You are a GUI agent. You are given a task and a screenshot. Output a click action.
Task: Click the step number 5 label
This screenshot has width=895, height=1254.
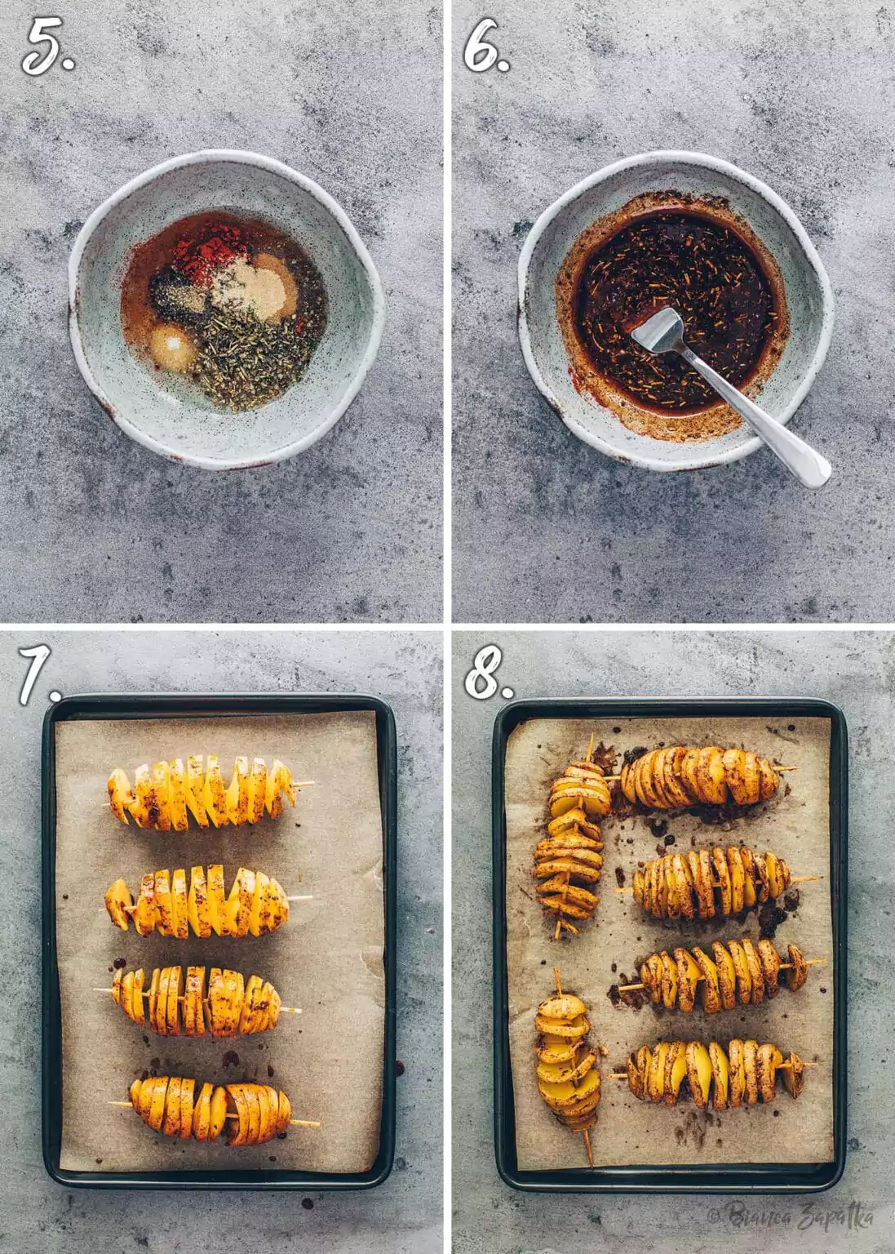(x=47, y=48)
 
